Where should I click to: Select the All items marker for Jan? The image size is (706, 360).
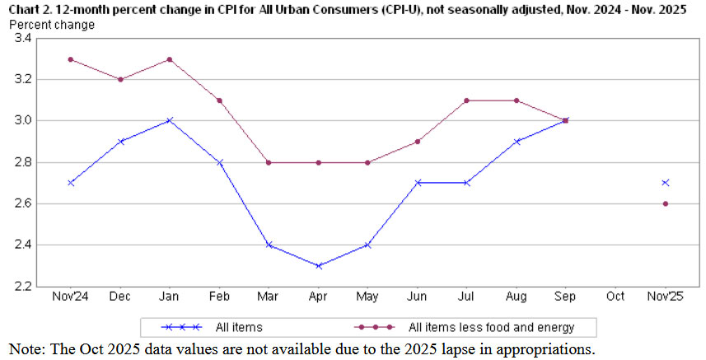point(170,120)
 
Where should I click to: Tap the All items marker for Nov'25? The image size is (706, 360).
point(665,183)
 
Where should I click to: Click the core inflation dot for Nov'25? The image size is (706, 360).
point(665,203)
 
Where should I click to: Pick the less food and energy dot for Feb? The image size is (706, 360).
point(220,101)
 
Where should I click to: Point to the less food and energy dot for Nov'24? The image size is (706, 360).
point(71,59)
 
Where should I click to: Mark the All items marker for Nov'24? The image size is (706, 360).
point(71,183)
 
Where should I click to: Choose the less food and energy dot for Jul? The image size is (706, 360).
point(467,101)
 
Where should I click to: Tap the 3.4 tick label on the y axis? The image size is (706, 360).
point(22,39)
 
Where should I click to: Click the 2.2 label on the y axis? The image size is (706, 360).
point(22,286)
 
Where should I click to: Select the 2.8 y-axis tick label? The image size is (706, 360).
point(22,162)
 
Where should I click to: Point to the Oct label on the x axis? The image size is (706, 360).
point(615,296)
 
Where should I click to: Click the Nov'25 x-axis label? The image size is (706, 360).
point(665,296)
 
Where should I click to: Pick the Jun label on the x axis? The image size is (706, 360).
point(418,296)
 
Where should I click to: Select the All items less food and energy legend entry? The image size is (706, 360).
point(491,327)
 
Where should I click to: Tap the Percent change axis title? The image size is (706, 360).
point(51,24)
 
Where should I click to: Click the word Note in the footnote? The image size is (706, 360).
point(26,348)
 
